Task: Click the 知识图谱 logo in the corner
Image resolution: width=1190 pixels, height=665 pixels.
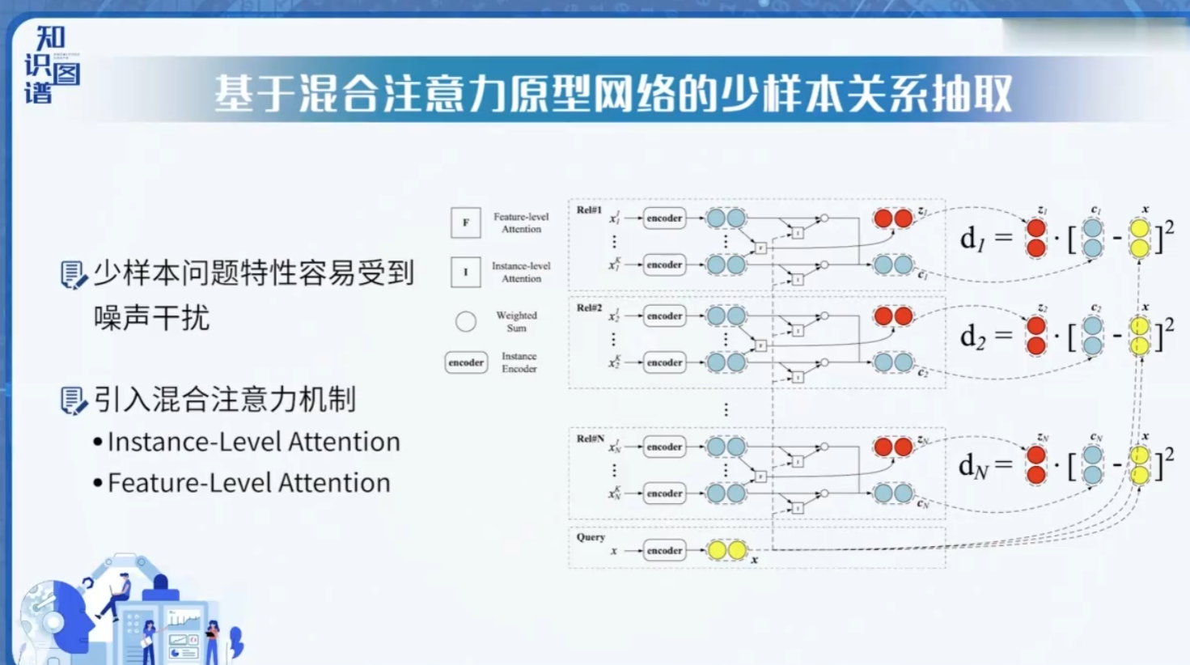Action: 51,65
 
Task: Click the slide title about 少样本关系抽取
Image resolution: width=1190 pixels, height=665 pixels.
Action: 613,94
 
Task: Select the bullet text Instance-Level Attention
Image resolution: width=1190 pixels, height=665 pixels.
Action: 253,442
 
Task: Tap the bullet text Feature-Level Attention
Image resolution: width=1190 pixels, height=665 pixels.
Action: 248,483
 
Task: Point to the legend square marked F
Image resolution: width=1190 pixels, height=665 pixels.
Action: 466,222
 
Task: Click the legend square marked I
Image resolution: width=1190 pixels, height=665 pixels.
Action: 466,272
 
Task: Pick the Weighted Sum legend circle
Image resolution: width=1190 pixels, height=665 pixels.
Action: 466,322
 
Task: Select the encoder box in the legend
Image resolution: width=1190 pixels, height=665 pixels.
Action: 466,362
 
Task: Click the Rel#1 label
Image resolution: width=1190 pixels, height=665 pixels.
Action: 589,210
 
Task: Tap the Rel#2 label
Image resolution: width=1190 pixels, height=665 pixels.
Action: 589,308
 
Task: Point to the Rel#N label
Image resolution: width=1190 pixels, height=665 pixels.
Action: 590,438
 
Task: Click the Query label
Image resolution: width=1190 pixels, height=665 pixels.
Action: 591,537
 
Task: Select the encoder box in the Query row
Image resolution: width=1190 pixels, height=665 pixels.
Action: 664,550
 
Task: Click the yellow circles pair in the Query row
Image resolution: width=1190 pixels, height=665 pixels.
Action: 726,550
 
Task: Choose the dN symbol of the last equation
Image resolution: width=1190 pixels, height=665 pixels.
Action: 972,466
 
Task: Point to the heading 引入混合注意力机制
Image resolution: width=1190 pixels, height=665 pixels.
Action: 224,399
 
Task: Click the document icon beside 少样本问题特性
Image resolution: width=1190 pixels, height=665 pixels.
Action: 73,275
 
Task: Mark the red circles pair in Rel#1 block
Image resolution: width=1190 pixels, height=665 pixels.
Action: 893,218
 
